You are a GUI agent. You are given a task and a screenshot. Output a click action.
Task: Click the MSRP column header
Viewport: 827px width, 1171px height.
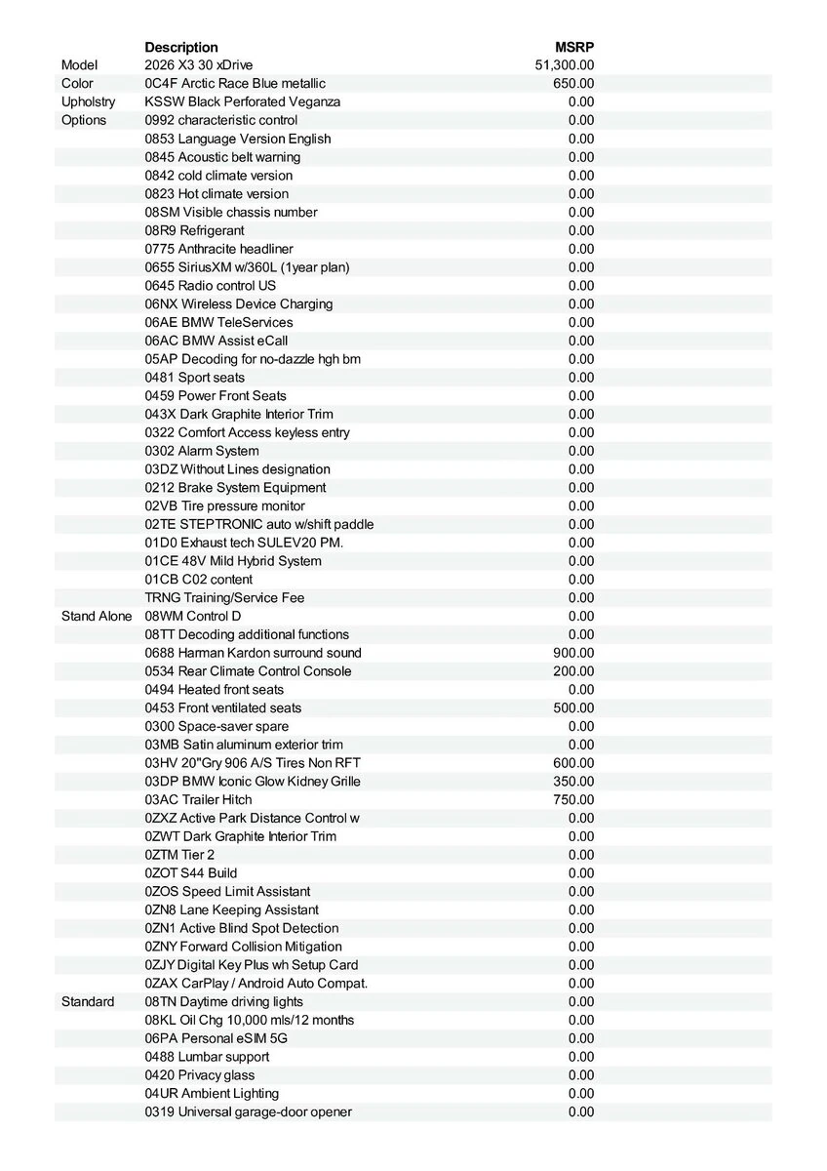[574, 47]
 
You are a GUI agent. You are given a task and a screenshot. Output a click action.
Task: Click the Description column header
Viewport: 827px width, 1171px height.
[181, 47]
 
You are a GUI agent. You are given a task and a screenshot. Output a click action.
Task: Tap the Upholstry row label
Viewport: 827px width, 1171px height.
[88, 101]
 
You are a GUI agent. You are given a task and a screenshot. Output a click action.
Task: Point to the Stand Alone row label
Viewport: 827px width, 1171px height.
[97, 616]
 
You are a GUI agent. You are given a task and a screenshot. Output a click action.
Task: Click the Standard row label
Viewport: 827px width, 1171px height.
[88, 1001]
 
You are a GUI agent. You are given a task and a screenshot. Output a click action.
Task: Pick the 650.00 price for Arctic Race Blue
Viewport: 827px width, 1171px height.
[573, 84]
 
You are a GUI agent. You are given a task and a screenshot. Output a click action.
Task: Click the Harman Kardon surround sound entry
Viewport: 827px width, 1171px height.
[253, 653]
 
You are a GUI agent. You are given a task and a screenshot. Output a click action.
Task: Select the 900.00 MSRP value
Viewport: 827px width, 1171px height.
[573, 653]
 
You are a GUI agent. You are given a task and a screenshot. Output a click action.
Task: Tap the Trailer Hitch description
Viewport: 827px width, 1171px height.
[198, 799]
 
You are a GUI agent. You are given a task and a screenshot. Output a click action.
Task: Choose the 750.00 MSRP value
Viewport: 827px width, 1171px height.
[573, 799]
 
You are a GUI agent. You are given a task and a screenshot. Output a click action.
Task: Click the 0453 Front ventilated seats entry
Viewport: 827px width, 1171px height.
[223, 707]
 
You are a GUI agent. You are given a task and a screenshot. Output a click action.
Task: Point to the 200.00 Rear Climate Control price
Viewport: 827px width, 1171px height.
[573, 671]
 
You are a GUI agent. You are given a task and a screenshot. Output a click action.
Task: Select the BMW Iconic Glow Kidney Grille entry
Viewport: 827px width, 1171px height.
[253, 781]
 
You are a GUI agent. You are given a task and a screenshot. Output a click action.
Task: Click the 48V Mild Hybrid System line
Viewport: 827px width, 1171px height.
[233, 561]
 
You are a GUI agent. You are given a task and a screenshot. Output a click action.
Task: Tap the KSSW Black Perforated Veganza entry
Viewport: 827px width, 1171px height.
[243, 101]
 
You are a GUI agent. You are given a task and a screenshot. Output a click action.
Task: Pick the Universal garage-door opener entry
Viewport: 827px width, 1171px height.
[249, 1111]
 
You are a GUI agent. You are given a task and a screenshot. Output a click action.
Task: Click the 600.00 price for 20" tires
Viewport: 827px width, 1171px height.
[573, 763]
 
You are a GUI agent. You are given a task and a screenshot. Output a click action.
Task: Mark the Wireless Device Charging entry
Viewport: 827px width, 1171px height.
[239, 303]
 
